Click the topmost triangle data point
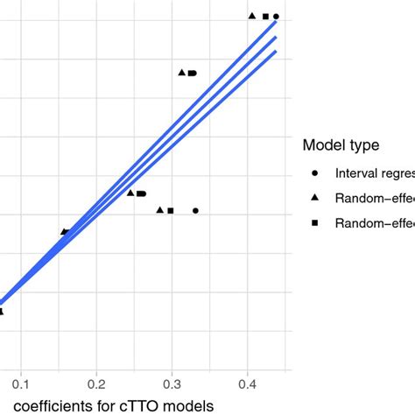[252, 16]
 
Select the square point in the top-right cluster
[265, 17]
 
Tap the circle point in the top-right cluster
[277, 17]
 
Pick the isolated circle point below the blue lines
[196, 211]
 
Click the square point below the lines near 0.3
[171, 211]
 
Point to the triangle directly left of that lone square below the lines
[159, 210]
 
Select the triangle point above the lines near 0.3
[182, 73]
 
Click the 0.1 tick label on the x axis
[21, 383]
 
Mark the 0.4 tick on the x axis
[248, 383]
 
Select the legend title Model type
[340, 145]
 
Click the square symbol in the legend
[314, 223]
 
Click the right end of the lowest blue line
[276, 52]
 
